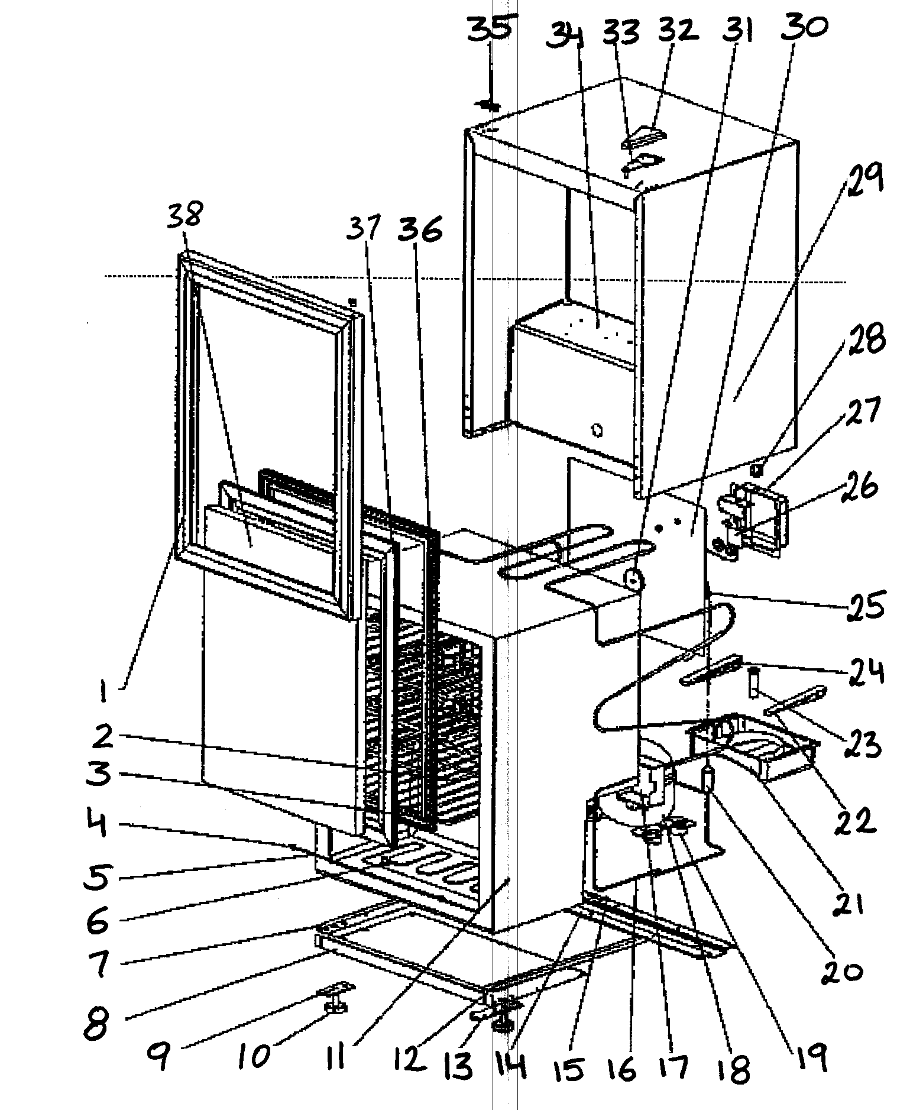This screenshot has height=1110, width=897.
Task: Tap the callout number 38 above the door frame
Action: [184, 216]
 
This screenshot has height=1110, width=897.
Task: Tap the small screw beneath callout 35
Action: [488, 106]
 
